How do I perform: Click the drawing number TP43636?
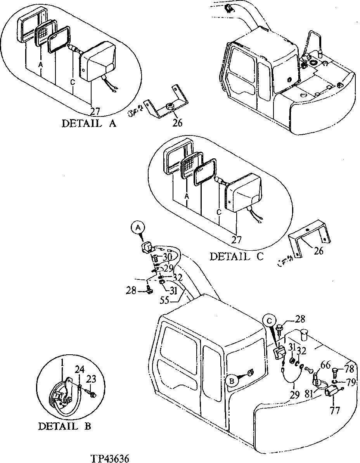pyautogui.click(x=110, y=458)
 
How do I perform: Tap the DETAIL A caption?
pyautogui.click(x=89, y=123)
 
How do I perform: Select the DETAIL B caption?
pyautogui.click(x=64, y=426)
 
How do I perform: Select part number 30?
pyautogui.click(x=167, y=257)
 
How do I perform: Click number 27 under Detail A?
pyautogui.click(x=95, y=112)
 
